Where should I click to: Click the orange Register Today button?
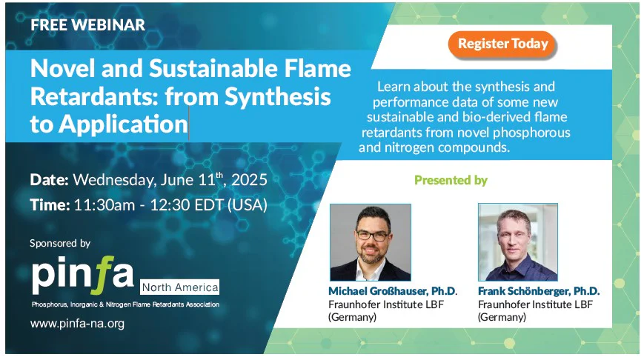503,44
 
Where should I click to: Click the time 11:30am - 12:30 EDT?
170,204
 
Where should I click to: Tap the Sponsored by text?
60,243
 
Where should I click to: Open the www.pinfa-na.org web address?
77,324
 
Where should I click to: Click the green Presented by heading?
451,180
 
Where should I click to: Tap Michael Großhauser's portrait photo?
370,241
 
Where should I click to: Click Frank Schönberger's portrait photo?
517,241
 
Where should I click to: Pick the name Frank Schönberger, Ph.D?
539,291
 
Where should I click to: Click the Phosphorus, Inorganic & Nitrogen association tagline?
125,304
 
